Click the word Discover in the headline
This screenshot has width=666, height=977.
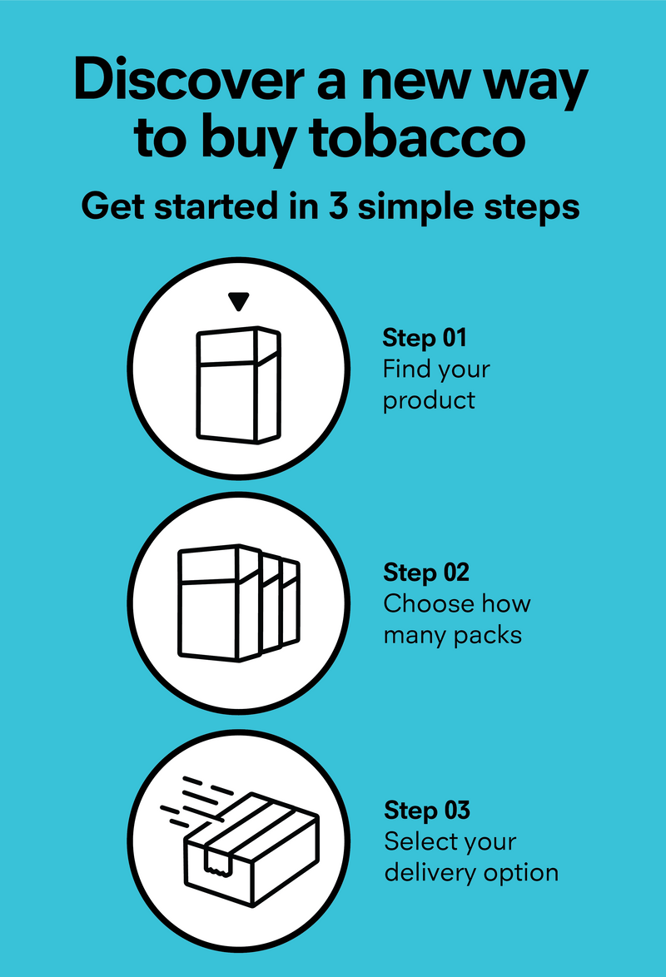click(x=188, y=79)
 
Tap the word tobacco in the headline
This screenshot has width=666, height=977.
click(x=417, y=137)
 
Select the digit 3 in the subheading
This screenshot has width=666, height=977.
click(x=338, y=206)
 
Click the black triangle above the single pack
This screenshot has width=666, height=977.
click(x=239, y=301)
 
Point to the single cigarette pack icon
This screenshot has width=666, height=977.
click(x=239, y=384)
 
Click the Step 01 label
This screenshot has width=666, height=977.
click(x=425, y=338)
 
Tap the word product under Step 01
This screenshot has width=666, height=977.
click(x=429, y=400)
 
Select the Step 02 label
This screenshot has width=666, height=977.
click(x=426, y=573)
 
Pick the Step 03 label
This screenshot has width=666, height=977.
click(x=427, y=811)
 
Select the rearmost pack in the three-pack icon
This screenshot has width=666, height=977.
click(x=291, y=603)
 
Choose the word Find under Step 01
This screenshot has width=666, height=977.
click(x=408, y=369)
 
